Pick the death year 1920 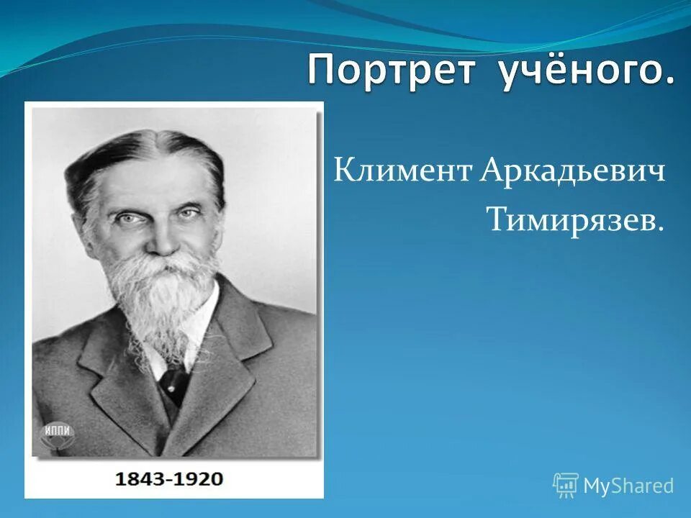click(x=197, y=478)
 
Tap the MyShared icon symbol click(x=566, y=486)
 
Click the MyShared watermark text click(x=628, y=486)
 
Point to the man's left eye click(x=189, y=212)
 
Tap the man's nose click(x=160, y=237)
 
